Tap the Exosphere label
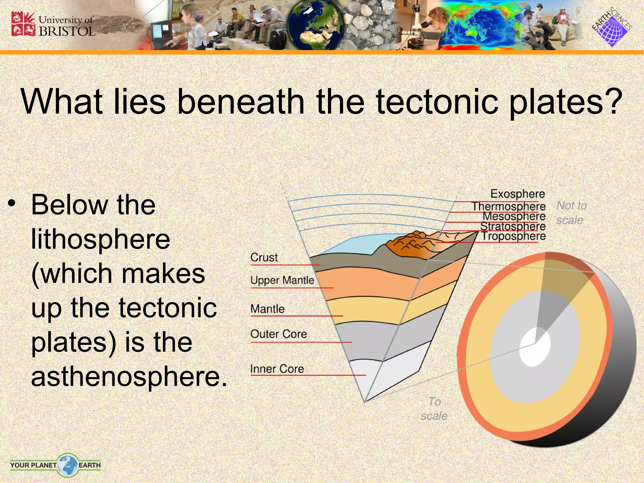tap(517, 194)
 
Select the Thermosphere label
tap(508, 206)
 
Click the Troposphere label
tap(514, 236)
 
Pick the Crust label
tap(264, 258)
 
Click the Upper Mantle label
tap(282, 280)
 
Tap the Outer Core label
tap(278, 334)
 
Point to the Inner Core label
tap(277, 369)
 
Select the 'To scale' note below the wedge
tap(434, 409)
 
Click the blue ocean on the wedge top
tap(355, 245)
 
